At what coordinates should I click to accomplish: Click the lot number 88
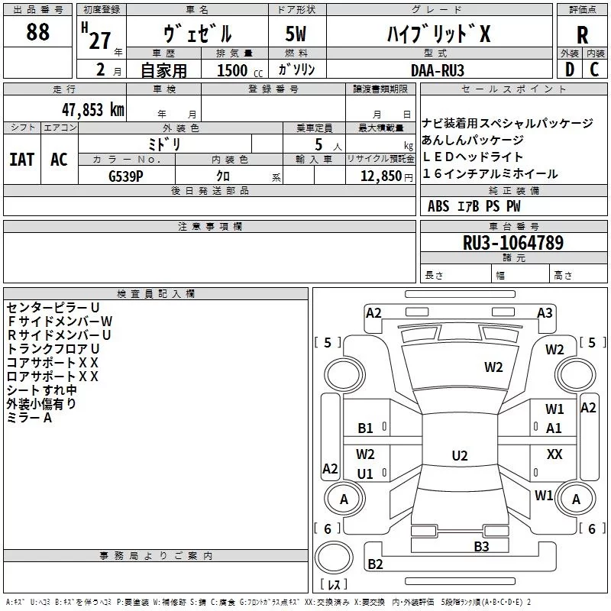(x=37, y=33)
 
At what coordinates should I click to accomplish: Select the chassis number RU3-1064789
(x=513, y=243)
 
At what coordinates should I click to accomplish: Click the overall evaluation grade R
(x=582, y=35)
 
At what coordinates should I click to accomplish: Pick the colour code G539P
(x=126, y=175)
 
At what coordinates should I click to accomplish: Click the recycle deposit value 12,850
(x=381, y=175)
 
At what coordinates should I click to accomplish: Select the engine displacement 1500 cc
(x=232, y=70)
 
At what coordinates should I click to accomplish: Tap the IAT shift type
(x=22, y=159)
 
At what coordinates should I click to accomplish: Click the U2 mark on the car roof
(x=459, y=456)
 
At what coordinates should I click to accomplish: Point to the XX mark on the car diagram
(x=554, y=454)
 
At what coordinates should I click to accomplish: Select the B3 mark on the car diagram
(x=480, y=545)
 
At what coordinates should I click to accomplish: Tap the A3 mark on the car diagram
(x=545, y=312)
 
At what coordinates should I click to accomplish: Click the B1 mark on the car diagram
(x=366, y=428)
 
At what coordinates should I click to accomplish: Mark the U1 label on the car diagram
(x=366, y=474)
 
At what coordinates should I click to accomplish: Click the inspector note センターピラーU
(x=53, y=307)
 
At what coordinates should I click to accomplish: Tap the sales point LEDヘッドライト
(x=474, y=157)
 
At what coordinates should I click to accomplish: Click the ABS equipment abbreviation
(x=438, y=206)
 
